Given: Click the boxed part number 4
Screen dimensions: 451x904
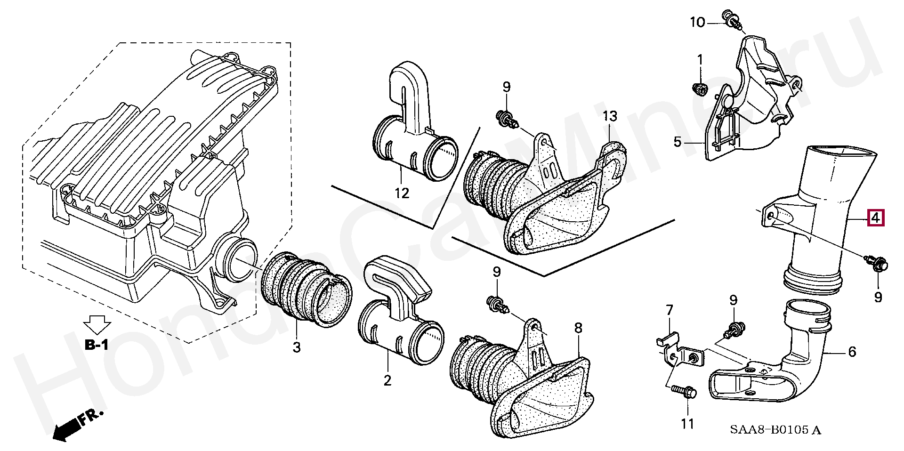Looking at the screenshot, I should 875,218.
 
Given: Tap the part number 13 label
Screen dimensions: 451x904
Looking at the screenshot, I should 609,116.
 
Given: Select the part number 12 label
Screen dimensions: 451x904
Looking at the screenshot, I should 402,193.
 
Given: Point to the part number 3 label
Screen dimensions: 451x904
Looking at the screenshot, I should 296,347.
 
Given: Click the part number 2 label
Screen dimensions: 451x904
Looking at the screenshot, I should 387,380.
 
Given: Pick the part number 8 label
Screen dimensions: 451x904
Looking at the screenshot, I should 578,328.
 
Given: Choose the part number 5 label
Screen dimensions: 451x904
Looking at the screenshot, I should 677,141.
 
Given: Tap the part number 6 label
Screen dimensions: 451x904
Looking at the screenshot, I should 852,352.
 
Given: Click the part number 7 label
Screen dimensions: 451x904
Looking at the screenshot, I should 669,310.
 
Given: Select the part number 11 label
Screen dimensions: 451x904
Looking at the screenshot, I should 687,424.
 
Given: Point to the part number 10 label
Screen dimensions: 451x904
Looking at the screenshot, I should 697,22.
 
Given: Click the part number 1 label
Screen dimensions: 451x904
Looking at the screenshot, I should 700,60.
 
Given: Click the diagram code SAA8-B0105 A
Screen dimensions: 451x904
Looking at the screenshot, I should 775,430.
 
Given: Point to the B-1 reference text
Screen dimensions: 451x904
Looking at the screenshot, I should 97,345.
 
